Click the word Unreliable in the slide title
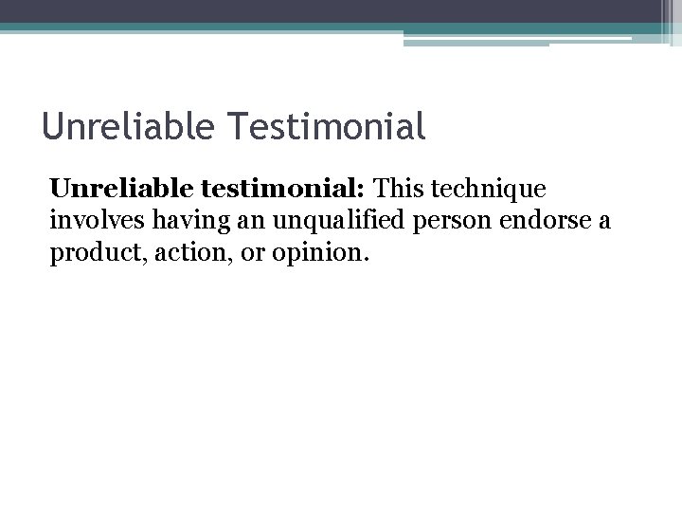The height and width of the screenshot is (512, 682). pyautogui.click(x=118, y=126)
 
